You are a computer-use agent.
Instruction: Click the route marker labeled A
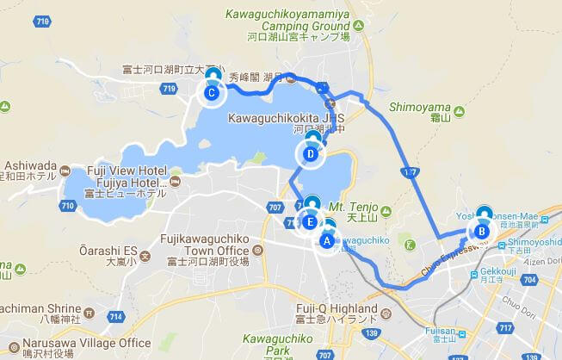(326, 240)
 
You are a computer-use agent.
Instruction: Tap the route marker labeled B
(482, 230)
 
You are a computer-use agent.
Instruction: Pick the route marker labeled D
(311, 154)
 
